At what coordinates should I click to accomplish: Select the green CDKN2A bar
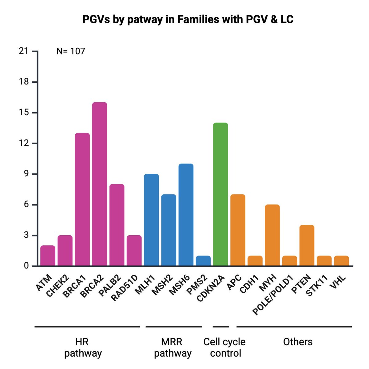(220, 194)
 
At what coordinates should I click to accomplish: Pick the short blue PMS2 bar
(203, 261)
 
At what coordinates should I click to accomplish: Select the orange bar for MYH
(272, 235)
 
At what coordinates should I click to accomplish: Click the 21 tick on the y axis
(24, 51)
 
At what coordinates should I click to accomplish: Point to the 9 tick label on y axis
(26, 174)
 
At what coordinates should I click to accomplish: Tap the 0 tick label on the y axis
(26, 266)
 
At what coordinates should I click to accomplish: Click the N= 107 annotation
(71, 51)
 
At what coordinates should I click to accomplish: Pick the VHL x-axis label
(338, 283)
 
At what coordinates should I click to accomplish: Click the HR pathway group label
(83, 347)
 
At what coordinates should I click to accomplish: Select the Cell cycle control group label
(225, 347)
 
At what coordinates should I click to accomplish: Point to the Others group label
(298, 342)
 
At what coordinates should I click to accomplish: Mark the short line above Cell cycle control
(221, 327)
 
